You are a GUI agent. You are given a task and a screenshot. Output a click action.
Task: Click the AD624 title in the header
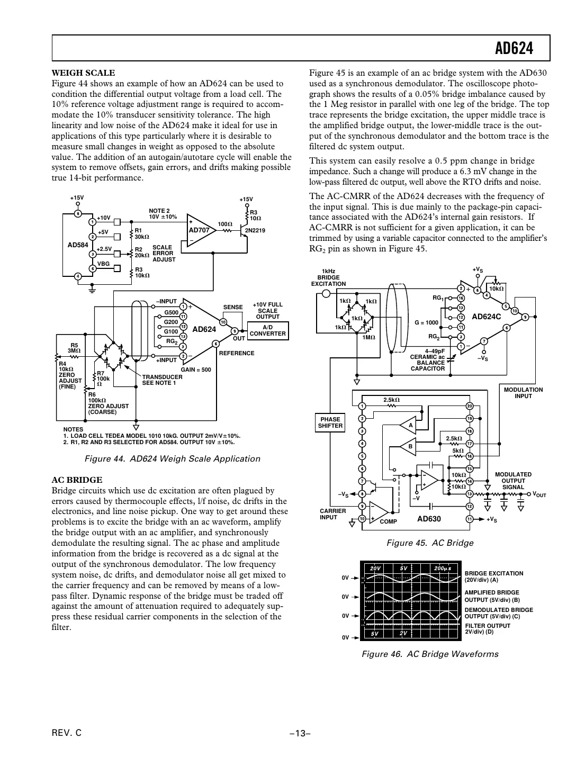point(514,49)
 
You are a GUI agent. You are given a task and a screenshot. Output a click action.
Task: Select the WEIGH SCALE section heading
point(83,73)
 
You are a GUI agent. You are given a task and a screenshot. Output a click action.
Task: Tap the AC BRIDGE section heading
point(77,480)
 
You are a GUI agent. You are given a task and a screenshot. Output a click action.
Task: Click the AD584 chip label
point(77,245)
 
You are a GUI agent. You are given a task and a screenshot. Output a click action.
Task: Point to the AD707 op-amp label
point(200,230)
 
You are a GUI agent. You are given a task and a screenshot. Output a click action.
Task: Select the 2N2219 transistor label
point(255,230)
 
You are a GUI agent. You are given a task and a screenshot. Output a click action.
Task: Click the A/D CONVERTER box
point(267,331)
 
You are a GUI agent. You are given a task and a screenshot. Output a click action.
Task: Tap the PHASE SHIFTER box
point(330,422)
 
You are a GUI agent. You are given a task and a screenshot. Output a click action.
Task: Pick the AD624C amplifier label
point(486,317)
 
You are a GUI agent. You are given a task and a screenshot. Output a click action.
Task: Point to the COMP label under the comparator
point(388,521)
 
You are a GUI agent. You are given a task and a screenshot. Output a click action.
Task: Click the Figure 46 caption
point(430,654)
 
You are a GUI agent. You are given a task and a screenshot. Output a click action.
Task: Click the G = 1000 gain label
point(426,322)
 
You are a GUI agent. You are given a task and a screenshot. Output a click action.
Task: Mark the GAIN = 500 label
point(196,370)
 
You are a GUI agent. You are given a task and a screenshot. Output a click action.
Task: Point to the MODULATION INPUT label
point(523,393)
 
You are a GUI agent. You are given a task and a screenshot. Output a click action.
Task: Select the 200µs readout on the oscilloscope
point(442,568)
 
